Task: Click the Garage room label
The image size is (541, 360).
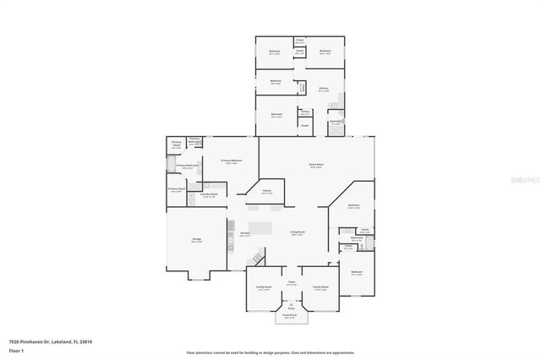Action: pyautogui.click(x=196, y=240)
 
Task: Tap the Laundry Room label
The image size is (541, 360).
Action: pyautogui.click(x=210, y=195)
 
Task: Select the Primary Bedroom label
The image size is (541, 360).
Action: pyautogui.click(x=232, y=161)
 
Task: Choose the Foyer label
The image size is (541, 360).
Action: pyautogui.click(x=291, y=282)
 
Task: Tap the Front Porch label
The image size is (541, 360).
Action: pyautogui.click(x=290, y=317)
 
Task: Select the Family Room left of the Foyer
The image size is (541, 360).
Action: pyautogui.click(x=264, y=287)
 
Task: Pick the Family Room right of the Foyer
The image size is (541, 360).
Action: pyautogui.click(x=320, y=287)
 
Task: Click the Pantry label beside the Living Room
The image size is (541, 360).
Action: pyautogui.click(x=266, y=192)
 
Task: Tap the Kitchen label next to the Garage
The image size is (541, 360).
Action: pyautogui.click(x=244, y=233)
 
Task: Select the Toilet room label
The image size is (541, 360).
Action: pyautogui.click(x=348, y=248)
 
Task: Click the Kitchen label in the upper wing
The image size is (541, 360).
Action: pyautogui.click(x=323, y=89)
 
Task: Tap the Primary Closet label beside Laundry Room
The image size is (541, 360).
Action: pyautogui.click(x=176, y=189)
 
